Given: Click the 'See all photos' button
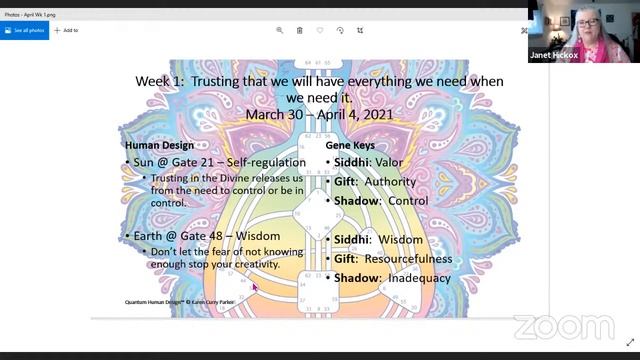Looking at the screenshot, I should coord(24,30).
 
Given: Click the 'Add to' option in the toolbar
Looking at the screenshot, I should coord(66,30).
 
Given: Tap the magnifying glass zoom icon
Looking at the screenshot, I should coord(279,30).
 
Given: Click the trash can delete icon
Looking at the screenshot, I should coord(299,30).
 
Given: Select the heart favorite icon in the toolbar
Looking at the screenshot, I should coord(319,30).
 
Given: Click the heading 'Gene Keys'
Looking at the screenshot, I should coord(350,145).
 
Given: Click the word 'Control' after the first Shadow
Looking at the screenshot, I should coord(409,201).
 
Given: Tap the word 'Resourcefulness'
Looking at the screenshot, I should coord(407,259).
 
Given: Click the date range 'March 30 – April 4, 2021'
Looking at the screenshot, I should coord(319,115).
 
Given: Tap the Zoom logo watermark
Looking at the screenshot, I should coord(565,327).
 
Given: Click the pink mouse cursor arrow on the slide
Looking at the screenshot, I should coord(255,287).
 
